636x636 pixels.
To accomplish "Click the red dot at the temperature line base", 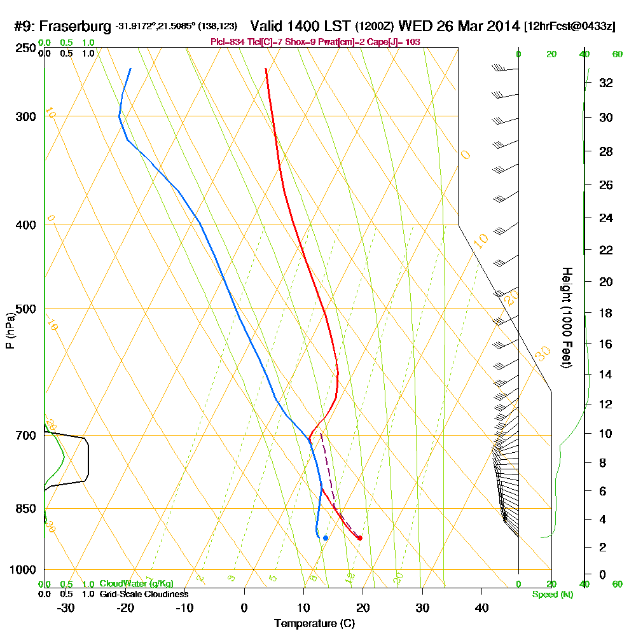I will (x=360, y=538).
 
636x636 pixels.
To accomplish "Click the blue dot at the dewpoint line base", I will (x=325, y=538).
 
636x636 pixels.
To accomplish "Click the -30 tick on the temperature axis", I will (x=66, y=608).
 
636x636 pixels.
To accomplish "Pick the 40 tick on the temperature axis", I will (x=481, y=608).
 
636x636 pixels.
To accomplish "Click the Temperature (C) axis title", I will (x=314, y=624).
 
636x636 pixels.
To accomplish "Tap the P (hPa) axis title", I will (x=10, y=331).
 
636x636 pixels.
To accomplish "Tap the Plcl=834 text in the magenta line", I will (x=226, y=42).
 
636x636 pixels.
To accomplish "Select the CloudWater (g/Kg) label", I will (x=136, y=584).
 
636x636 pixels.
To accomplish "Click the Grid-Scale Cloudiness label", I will (x=143, y=594).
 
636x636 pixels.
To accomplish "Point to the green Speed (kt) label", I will (x=551, y=594).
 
